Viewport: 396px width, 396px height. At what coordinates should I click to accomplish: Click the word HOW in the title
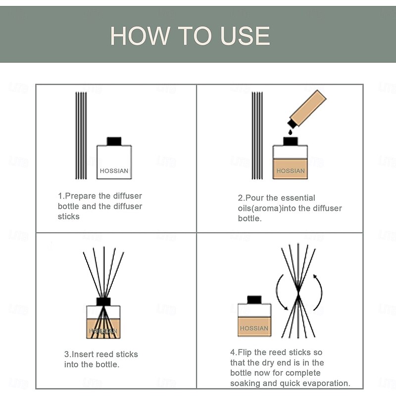point(140,36)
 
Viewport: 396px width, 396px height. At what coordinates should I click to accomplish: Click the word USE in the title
point(245,36)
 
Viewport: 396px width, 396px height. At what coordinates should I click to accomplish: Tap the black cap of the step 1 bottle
point(114,141)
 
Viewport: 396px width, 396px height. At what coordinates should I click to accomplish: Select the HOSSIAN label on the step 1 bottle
point(114,171)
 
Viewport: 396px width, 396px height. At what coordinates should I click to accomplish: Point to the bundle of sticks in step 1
point(81,136)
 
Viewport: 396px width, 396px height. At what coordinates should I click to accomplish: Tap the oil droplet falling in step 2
point(290,132)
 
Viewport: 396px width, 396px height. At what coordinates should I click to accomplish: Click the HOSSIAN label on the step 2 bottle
point(291,171)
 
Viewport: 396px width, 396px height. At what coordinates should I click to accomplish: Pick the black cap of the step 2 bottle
point(290,141)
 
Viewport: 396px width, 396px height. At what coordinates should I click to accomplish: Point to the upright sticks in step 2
point(257,136)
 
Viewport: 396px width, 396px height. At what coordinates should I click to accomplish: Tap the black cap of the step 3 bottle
point(103,301)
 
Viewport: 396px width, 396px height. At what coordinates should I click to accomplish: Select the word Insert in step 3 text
point(83,354)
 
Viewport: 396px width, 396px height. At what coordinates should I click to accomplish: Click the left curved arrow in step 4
point(278,292)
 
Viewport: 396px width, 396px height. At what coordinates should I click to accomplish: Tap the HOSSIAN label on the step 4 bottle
point(254,328)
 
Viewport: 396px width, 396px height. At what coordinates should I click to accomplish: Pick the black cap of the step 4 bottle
point(254,300)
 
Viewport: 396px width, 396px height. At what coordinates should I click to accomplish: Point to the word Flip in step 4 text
point(245,352)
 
